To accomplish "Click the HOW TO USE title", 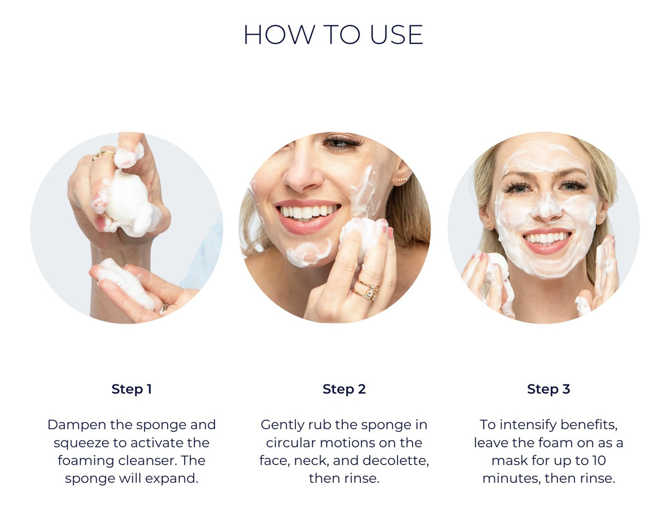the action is [x=333, y=35].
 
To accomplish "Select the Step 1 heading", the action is [x=132, y=389].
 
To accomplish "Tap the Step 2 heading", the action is [x=344, y=389].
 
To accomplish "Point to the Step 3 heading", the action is [x=548, y=389].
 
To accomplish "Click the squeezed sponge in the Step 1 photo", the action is [x=128, y=201].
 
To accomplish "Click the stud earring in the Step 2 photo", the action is [x=401, y=180].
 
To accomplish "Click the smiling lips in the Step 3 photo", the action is [x=547, y=241].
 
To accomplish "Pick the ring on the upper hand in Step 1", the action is [x=103, y=155].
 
